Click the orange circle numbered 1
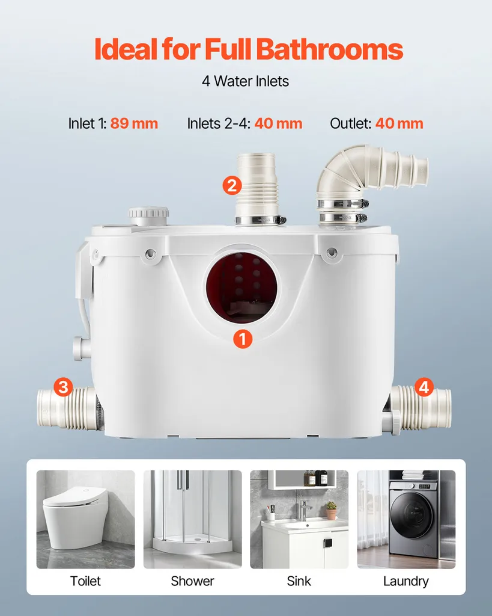243,339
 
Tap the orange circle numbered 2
232,185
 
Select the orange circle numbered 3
63,387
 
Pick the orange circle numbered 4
424,387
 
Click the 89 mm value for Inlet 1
134,123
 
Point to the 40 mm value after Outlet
399,123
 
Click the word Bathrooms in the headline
330,49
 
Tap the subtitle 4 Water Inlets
245,81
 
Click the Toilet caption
85,581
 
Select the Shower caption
192,581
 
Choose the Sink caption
299,581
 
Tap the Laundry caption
405,582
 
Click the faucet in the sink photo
305,510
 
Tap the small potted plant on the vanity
332,510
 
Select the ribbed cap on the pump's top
149,216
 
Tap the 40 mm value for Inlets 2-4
278,123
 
